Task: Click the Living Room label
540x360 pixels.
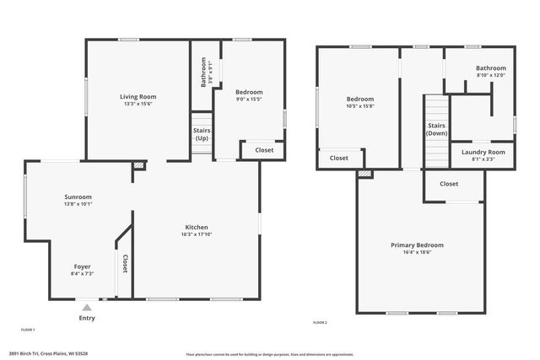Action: (138, 97)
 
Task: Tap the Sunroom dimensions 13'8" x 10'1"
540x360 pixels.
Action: (78, 204)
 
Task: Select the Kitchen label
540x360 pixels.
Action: (197, 227)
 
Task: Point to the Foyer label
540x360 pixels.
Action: (82, 266)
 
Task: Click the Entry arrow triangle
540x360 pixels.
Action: (87, 307)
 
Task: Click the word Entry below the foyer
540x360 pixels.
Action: (87, 318)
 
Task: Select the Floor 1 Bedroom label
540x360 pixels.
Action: (249, 92)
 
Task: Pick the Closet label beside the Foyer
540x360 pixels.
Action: (125, 264)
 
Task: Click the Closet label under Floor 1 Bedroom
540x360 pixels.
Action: (264, 150)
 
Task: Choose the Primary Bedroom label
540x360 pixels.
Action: (417, 245)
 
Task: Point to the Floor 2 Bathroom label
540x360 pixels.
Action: (490, 68)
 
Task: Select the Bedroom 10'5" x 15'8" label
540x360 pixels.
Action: (360, 99)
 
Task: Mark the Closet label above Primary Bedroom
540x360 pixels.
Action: (449, 184)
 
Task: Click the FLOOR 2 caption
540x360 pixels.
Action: (320, 323)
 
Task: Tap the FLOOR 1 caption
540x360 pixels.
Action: (28, 329)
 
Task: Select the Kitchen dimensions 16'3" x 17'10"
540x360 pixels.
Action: (197, 234)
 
